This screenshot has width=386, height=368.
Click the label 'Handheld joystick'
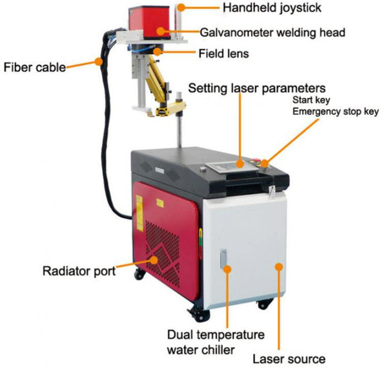[x=272, y=8]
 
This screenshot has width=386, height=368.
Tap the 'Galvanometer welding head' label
[x=272, y=32]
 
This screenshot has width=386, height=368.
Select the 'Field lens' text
[x=224, y=53]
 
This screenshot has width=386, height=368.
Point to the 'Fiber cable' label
[x=35, y=67]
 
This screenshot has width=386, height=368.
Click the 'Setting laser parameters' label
[x=257, y=88]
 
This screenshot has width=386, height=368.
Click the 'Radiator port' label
[x=79, y=271]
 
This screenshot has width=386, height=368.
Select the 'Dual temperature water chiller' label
[x=216, y=342]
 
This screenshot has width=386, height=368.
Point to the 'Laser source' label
[x=289, y=359]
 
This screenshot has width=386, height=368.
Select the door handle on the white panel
[x=224, y=258]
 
